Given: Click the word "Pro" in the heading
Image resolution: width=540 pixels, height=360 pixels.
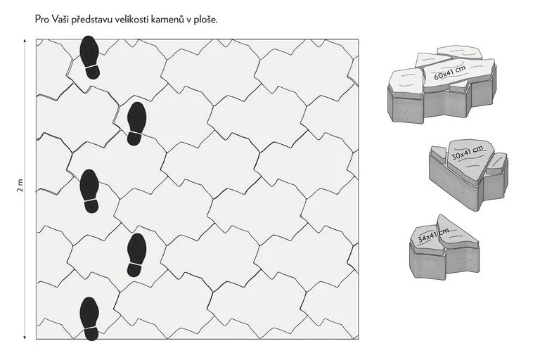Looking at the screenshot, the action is coord(42,19).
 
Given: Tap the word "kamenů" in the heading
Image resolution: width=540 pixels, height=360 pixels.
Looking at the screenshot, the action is coord(168,19).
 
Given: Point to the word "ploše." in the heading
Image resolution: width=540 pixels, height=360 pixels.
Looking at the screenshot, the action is coord(205,19).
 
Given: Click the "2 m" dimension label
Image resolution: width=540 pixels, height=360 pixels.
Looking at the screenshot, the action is coord(20,186).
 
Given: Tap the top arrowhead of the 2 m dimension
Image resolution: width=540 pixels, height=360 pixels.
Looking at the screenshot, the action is coord(25,41).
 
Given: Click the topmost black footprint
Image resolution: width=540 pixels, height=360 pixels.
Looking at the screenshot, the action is coord(90,58).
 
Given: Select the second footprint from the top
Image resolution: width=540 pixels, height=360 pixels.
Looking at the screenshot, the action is coord(136,124).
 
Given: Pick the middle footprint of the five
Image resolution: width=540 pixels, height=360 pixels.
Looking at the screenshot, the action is coord(90,191).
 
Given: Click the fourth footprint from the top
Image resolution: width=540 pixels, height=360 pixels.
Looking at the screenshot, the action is coord(136,255).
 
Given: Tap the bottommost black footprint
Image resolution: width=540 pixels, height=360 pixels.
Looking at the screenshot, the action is coord(90,319).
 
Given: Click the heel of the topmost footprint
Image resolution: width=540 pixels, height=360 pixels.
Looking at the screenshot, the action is coord(92,72).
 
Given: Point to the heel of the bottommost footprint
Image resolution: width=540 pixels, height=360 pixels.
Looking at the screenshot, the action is coord(91,334).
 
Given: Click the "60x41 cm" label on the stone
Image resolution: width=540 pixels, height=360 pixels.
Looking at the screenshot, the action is coord(450,72).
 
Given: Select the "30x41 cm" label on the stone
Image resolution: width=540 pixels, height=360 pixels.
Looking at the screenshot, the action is coord(468,153).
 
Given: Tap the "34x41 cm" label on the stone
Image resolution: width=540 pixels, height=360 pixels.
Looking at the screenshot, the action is coord(433,235).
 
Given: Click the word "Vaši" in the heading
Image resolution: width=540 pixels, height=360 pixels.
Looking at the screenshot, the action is coord(61,19).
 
